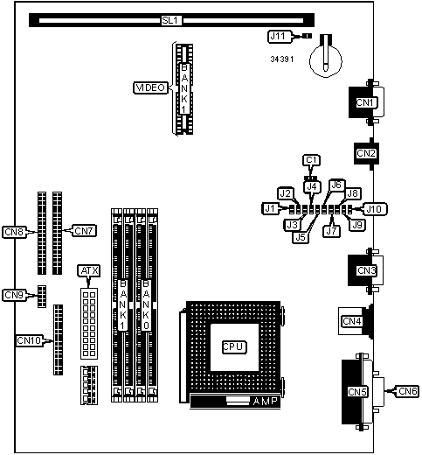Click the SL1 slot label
[x=171, y=20]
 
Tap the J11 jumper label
[x=280, y=37]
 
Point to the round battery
[x=326, y=61]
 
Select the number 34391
[x=282, y=59]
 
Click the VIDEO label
[x=151, y=87]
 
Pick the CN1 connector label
[x=364, y=102]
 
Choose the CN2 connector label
[x=366, y=153]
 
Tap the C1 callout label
[x=311, y=160]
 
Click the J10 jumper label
[x=374, y=209]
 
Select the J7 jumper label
[x=331, y=231]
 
